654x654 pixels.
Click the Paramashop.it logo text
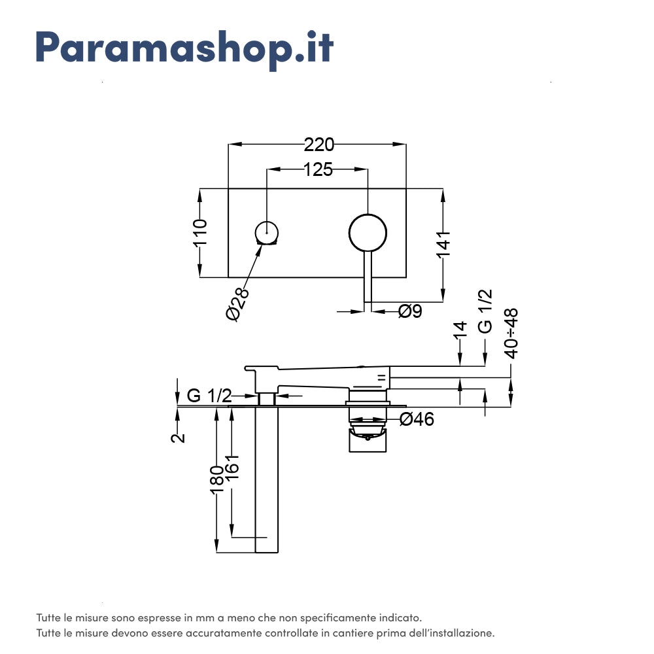184,48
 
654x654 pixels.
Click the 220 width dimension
318,145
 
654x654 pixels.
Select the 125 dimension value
318,170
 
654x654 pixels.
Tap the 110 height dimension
200,233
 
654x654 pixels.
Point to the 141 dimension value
444,243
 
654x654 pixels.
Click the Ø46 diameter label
417,419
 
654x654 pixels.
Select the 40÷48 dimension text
511,334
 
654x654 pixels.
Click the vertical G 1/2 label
485,312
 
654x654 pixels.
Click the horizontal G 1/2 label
209,396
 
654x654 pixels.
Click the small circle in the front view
267,232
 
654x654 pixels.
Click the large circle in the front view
368,232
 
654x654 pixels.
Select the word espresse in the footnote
156,617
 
